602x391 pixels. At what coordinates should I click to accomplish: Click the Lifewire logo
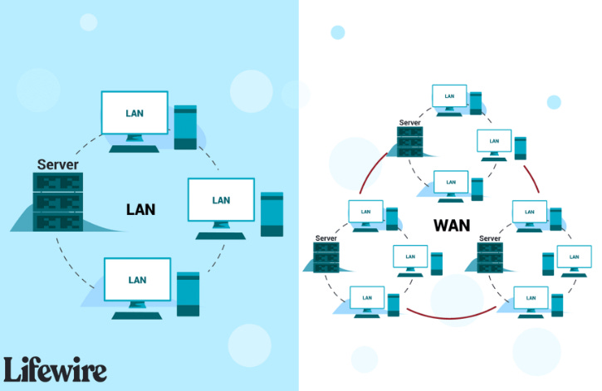tap(55, 369)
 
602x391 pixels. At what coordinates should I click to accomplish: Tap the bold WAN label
tap(450, 224)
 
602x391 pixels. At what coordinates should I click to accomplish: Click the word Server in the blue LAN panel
tap(58, 164)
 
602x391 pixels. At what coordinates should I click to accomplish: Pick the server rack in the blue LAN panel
tap(59, 203)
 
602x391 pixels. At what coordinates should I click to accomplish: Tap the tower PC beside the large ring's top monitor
tap(185, 127)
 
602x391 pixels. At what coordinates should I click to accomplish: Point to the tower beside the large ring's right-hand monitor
tap(272, 219)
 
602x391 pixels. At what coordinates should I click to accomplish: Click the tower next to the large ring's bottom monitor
tap(188, 293)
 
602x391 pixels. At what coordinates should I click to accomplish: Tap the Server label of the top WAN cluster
tap(410, 123)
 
